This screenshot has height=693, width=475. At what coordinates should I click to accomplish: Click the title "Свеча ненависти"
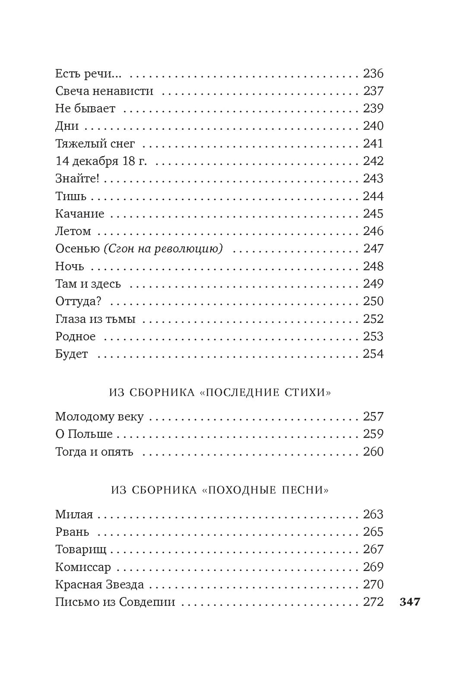104,91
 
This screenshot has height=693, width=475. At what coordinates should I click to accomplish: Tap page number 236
373,73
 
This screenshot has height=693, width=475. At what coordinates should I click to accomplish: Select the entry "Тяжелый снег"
95,144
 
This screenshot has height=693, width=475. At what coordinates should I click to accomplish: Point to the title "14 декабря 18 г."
101,161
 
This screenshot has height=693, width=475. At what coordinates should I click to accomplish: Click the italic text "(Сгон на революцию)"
163,249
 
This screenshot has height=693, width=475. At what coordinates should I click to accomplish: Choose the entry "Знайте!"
77,179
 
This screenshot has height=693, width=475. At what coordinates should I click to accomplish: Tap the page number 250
373,301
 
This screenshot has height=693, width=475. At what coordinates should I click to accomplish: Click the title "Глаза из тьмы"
95,319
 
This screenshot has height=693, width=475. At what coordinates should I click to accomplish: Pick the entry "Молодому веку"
99,417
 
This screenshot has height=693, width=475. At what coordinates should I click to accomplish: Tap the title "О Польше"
84,434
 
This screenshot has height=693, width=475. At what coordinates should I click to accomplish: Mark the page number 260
373,452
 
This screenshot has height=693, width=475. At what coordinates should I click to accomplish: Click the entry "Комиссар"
83,567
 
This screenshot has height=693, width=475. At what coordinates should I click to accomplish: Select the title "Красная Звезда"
99,584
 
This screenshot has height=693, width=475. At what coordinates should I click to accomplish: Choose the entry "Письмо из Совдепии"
115,602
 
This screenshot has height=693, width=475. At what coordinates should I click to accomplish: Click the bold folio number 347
410,602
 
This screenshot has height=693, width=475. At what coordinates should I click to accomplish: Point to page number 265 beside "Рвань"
373,532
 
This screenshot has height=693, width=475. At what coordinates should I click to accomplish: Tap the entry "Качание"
79,214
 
